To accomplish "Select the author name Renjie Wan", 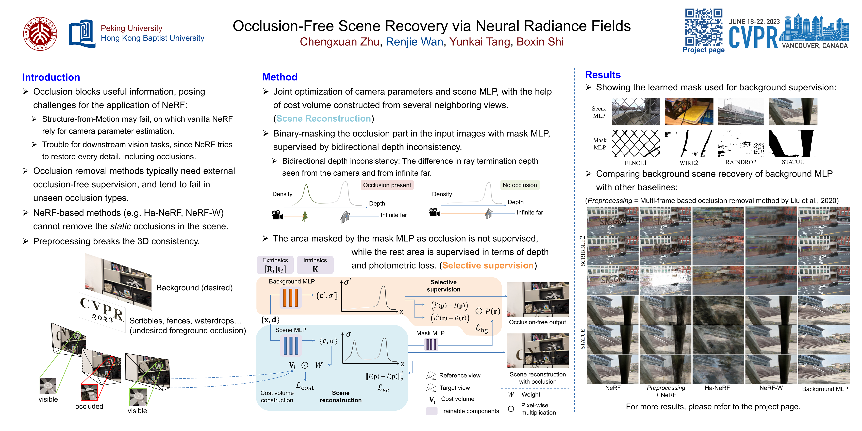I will [x=414, y=42].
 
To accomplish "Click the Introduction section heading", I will [x=51, y=77].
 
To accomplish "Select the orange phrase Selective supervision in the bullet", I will [x=488, y=265].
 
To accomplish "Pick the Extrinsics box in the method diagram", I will [x=275, y=265].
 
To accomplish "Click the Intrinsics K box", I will [x=315, y=265].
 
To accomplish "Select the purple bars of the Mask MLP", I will [x=431, y=344].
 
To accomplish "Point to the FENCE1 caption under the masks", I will [x=635, y=163].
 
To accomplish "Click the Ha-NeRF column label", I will [x=717, y=388].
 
